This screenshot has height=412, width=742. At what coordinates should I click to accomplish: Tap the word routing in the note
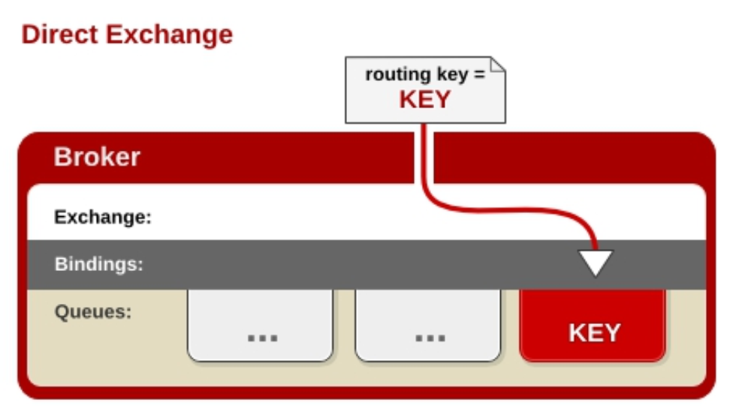(x=394, y=75)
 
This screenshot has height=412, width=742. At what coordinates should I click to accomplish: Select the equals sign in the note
(x=478, y=76)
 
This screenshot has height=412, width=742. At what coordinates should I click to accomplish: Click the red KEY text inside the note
(x=424, y=99)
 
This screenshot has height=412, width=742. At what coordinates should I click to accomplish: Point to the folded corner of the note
(x=498, y=65)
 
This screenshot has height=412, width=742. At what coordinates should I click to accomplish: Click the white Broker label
(x=97, y=157)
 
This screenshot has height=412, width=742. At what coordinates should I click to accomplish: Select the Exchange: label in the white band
(x=103, y=218)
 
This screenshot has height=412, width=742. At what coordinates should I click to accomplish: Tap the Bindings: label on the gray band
(x=98, y=264)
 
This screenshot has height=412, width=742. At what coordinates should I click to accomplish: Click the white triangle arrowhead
(x=596, y=262)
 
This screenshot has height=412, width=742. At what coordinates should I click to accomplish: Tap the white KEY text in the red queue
(x=594, y=332)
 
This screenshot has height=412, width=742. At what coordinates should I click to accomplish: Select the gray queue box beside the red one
(x=427, y=326)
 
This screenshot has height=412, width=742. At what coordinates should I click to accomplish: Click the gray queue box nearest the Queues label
(x=260, y=326)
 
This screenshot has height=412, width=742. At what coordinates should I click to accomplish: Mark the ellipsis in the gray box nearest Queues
(x=262, y=338)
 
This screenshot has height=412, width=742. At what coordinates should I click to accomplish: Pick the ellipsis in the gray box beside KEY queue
(x=430, y=338)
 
